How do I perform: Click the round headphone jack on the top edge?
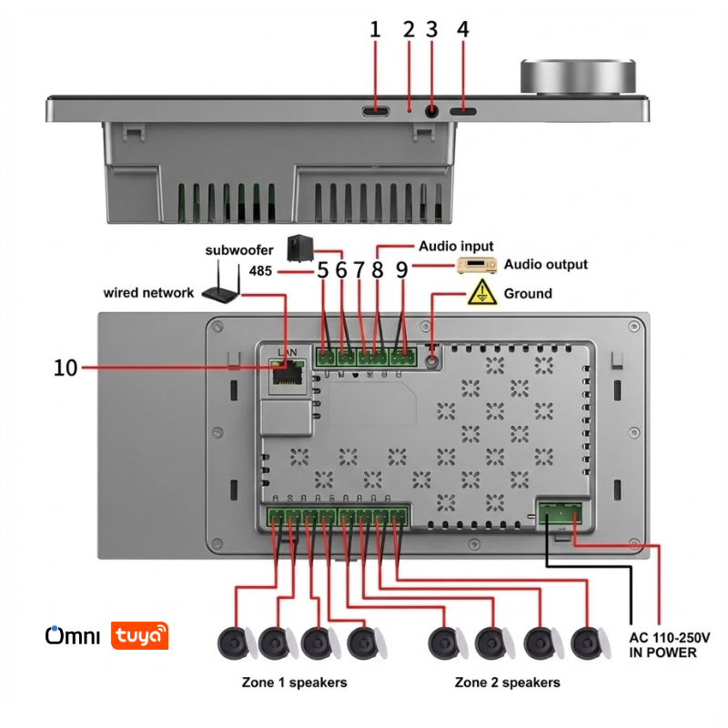431,111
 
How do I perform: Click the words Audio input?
456,246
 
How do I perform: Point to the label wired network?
148,293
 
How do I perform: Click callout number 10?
66,368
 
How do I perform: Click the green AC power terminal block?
560,514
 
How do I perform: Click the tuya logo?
140,635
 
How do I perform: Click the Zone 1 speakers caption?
294,682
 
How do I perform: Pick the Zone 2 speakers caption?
507,682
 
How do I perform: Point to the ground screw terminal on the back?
431,359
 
